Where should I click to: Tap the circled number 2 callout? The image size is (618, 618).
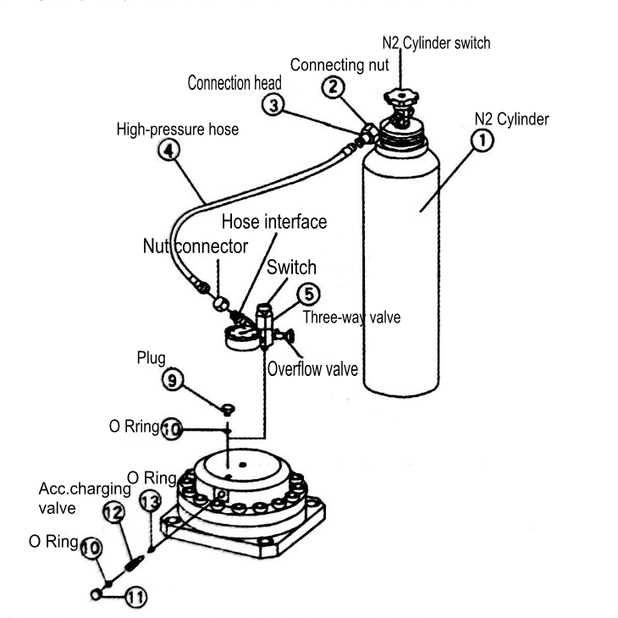(x=333, y=86)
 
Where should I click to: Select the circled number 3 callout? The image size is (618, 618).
(x=273, y=104)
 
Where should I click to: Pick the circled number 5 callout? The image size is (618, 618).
(x=310, y=294)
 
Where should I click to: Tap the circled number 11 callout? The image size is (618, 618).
(x=135, y=597)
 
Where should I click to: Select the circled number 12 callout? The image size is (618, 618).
(x=113, y=511)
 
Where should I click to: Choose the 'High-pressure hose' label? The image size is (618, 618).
(x=178, y=130)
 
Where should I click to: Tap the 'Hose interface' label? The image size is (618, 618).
(x=273, y=223)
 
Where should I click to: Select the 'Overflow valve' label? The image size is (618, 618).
(x=312, y=369)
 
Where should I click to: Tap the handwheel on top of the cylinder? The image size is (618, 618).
(x=397, y=96)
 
